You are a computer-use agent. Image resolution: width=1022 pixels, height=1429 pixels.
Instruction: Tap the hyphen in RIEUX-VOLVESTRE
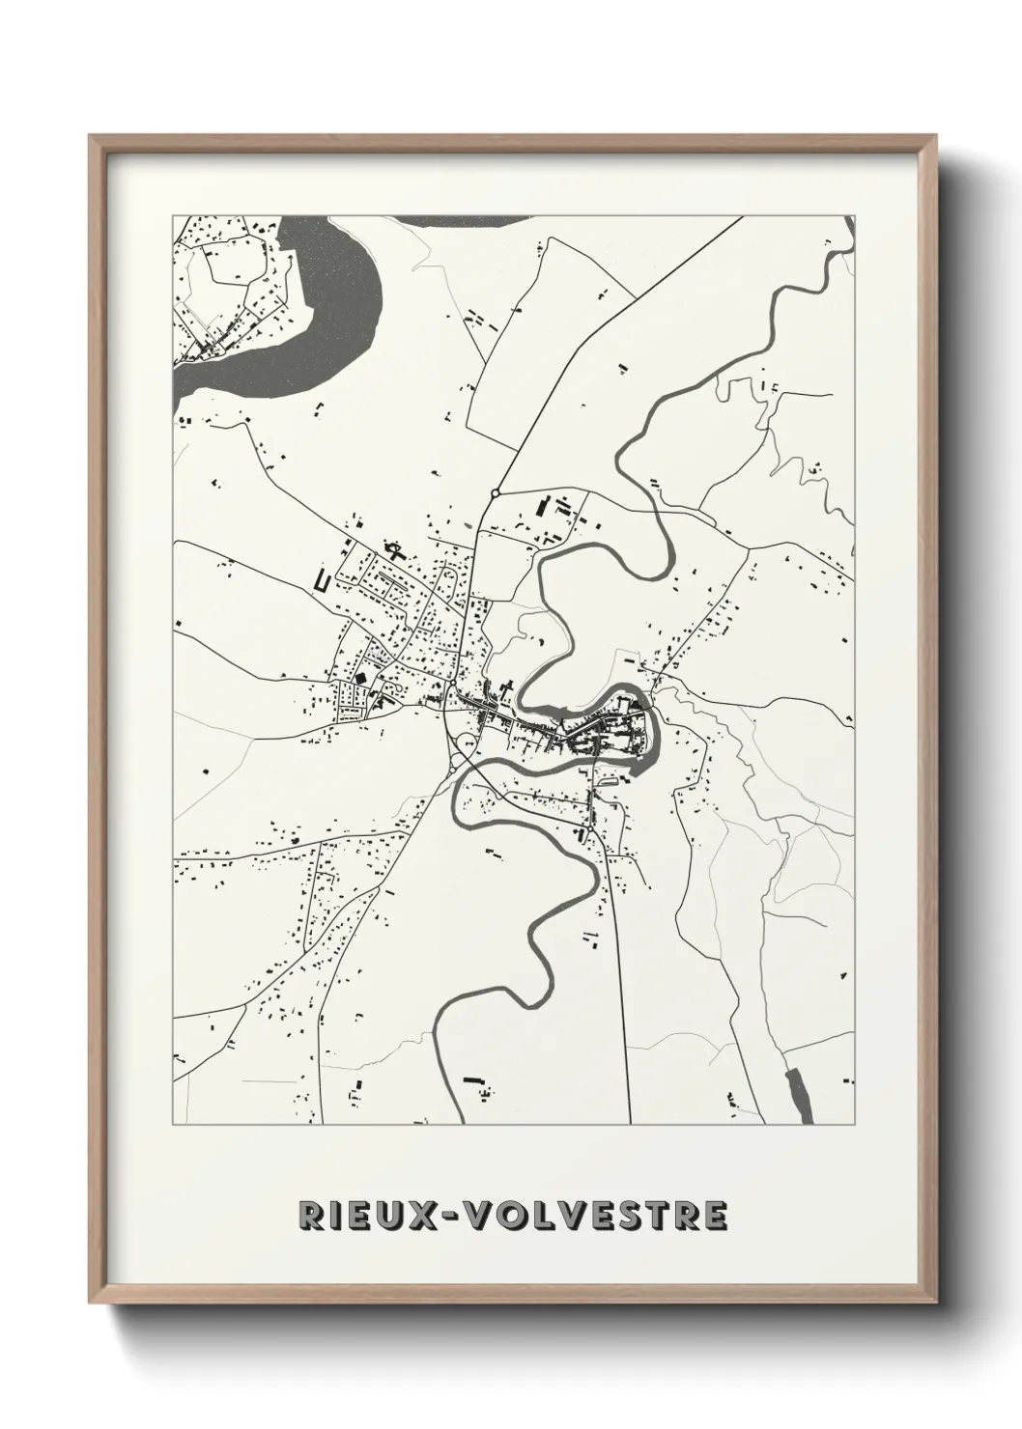tap(451, 1215)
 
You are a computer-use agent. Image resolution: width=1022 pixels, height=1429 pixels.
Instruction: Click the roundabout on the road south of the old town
tap(588, 829)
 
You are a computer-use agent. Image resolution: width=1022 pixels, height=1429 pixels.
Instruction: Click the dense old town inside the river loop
tap(609, 734)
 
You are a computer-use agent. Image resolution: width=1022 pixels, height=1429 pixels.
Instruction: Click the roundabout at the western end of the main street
tap(451, 684)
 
